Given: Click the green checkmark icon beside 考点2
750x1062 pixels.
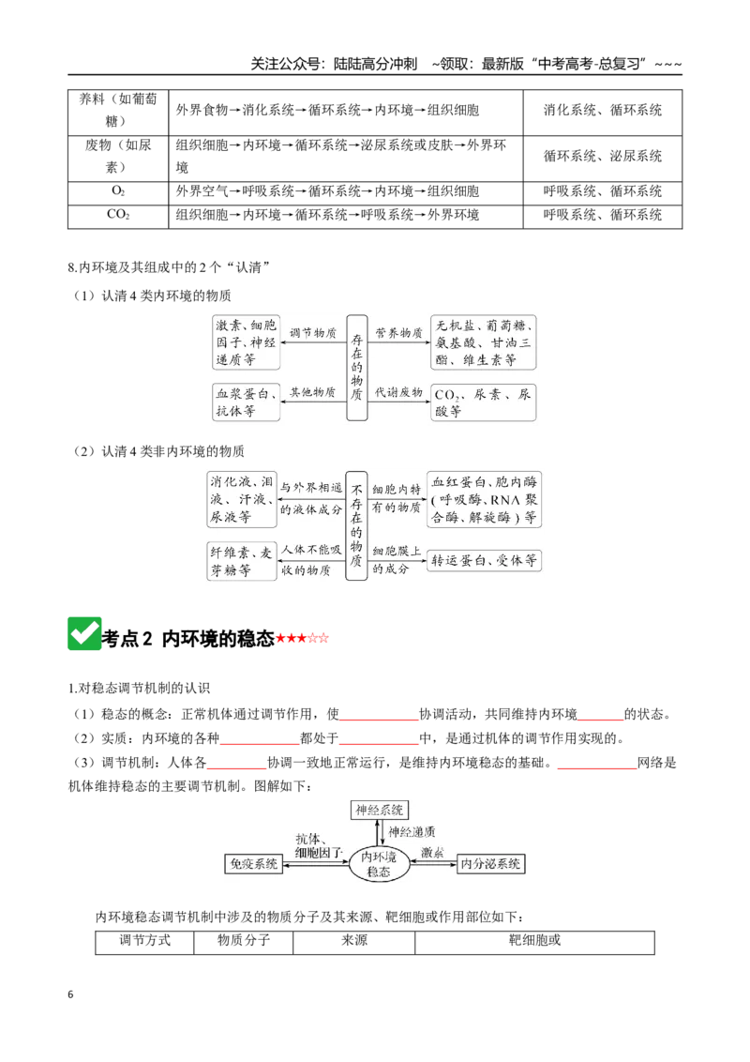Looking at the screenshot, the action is coord(84,634).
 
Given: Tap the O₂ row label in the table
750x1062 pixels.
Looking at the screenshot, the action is coord(118,191).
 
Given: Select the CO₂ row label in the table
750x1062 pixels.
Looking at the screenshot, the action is coord(118,215).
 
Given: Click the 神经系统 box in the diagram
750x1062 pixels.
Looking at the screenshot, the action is coord(379,810).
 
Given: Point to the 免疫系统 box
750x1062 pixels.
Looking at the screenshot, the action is coord(254,863).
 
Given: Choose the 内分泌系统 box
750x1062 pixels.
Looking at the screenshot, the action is coord(490,863).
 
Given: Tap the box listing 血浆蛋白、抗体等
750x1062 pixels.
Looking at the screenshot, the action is coord(246,402).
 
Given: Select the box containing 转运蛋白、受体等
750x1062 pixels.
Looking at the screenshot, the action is coord(484,560).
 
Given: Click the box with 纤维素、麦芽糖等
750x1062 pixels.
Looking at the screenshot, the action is coord(242,561).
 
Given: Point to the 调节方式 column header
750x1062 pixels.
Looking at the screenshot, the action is coord(145,941).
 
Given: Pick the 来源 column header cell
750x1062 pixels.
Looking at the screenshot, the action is coord(354,941).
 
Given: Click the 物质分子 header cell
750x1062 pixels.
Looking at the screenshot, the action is coord(244,941).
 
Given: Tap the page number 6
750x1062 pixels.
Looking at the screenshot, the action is coord(70,994).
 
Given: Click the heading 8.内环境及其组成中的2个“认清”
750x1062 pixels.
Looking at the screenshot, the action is coord(169,267).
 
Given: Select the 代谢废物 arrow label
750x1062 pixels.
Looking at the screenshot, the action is coord(398,392).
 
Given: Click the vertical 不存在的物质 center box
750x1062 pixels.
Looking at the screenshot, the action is coord(356,526).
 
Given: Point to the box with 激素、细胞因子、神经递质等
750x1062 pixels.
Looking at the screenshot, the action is coord(246,342).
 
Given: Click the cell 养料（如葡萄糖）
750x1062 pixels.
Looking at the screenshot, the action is coord(118,110).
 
